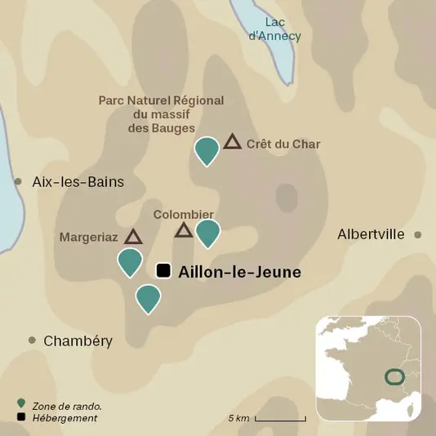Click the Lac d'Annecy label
(274, 29)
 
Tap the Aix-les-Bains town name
(78, 182)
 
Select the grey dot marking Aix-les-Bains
(18, 181)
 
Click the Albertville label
(371, 234)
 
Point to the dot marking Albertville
(417, 234)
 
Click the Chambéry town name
(78, 340)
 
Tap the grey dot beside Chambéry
(32, 340)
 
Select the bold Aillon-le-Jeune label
(239, 273)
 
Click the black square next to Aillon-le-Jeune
(163, 271)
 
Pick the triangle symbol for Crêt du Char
(233, 142)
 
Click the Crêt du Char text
(283, 145)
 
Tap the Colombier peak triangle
(184, 230)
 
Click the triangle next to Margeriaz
(133, 236)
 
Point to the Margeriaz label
(89, 238)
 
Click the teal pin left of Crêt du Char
(207, 150)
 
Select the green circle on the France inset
(394, 376)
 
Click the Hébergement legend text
(65, 418)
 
